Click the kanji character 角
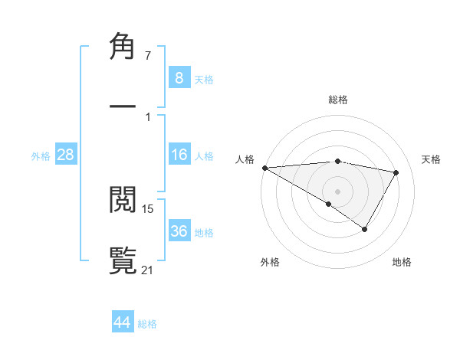click(123, 47)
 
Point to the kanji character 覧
click(123, 260)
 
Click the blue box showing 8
click(179, 77)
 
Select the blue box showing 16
click(179, 155)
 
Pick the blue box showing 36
click(179, 231)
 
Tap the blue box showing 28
click(66, 155)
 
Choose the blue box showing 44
click(123, 322)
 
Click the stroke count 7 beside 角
click(148, 56)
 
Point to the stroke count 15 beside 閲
click(148, 208)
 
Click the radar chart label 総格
click(338, 100)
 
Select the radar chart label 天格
click(432, 159)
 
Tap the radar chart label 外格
click(270, 262)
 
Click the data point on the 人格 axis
click(264, 168)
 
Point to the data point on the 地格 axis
click(365, 229)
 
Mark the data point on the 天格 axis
click(396, 172)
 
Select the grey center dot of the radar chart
click(337, 191)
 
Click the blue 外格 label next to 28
click(41, 155)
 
